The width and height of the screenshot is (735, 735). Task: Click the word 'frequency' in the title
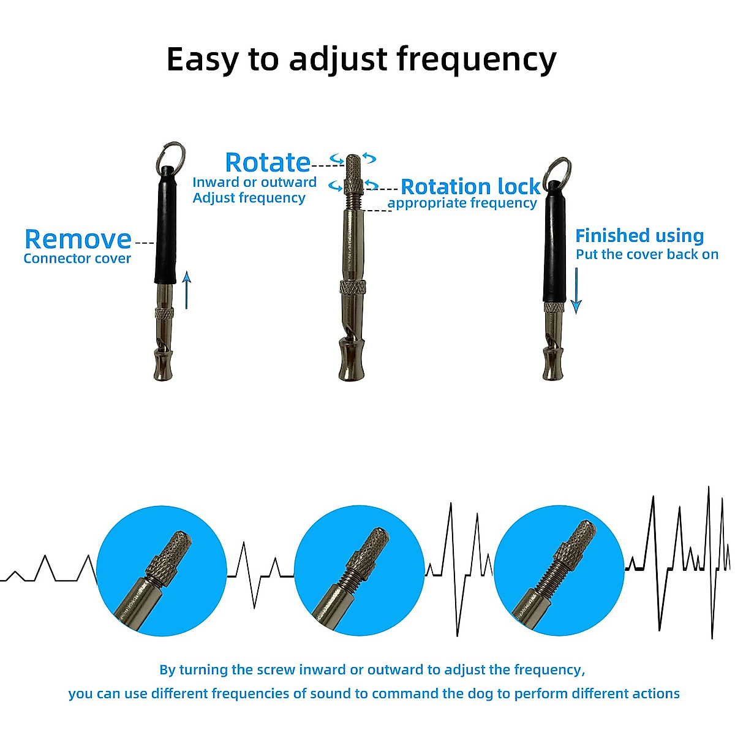point(477,60)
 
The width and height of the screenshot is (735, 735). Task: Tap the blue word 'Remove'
point(78,239)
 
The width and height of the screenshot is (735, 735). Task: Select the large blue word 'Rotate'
point(268,162)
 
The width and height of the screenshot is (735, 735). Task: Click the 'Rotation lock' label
point(470,186)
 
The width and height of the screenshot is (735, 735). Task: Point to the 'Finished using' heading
point(639,236)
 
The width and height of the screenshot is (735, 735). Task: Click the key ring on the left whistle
point(173,154)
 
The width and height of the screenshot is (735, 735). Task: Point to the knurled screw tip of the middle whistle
point(353,168)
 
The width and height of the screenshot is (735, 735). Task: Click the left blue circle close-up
point(162,570)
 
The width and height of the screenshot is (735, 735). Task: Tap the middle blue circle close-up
point(360,570)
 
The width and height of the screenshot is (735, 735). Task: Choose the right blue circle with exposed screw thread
point(559,570)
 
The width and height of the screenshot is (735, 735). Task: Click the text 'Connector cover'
point(77,258)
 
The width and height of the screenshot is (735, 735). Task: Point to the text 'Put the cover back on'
point(647,255)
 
